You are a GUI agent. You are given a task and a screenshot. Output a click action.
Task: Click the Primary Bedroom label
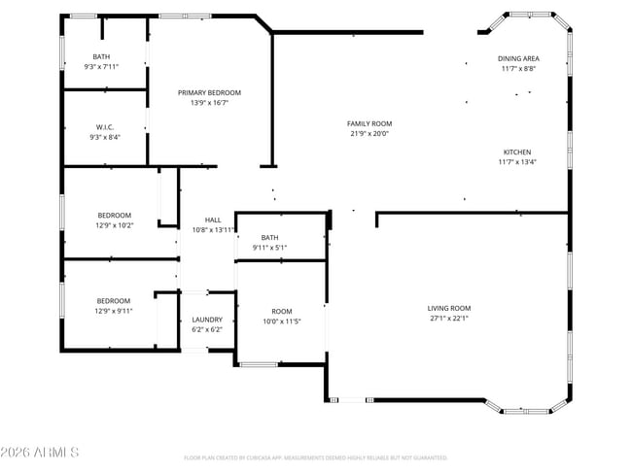(209, 92)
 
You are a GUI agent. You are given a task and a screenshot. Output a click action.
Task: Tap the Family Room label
(369, 123)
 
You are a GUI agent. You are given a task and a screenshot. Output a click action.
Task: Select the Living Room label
(449, 308)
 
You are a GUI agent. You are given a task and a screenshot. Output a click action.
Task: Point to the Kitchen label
(517, 152)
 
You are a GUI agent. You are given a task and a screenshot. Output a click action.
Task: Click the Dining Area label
(518, 58)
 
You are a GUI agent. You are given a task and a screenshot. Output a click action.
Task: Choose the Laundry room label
(207, 320)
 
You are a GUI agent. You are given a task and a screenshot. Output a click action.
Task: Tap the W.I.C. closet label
(105, 127)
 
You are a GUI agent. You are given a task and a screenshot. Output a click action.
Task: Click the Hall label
(213, 220)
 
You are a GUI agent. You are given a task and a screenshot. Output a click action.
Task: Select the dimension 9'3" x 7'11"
(101, 66)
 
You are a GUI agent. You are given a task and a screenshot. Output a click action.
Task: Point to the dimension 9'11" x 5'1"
(269, 248)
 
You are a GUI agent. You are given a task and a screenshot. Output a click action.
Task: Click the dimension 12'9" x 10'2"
(114, 225)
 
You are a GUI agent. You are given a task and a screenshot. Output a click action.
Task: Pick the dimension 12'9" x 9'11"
(114, 311)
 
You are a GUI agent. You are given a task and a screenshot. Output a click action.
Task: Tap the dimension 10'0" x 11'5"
(282, 321)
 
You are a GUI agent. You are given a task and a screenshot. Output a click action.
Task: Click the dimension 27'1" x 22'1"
(449, 318)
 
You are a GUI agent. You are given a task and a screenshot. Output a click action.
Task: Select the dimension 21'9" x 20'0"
(369, 133)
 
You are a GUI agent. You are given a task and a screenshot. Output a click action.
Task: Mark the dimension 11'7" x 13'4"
(518, 162)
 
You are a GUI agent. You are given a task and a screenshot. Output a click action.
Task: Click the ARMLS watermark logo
(40, 453)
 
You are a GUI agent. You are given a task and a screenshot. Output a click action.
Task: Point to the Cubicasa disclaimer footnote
(315, 457)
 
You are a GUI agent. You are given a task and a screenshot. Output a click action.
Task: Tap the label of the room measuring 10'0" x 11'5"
(282, 311)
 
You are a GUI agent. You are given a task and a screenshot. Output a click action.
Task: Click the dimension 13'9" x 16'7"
(209, 102)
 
